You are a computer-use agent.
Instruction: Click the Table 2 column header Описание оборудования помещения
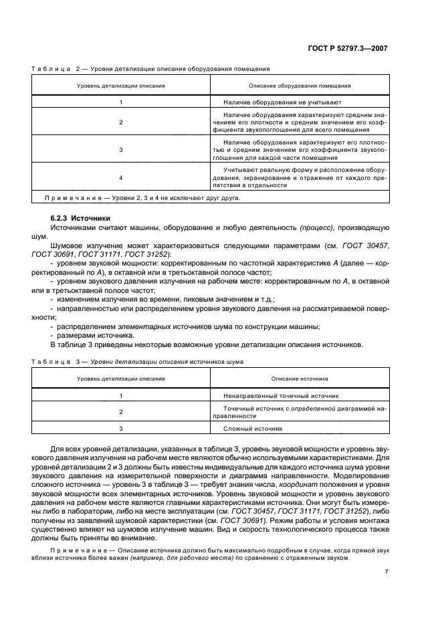300,86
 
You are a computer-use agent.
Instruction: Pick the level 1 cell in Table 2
121,102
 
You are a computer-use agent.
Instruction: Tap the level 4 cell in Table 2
121,178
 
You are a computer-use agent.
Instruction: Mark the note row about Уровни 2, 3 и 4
140,198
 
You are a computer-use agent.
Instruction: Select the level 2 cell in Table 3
121,412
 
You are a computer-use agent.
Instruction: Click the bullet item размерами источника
90,336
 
